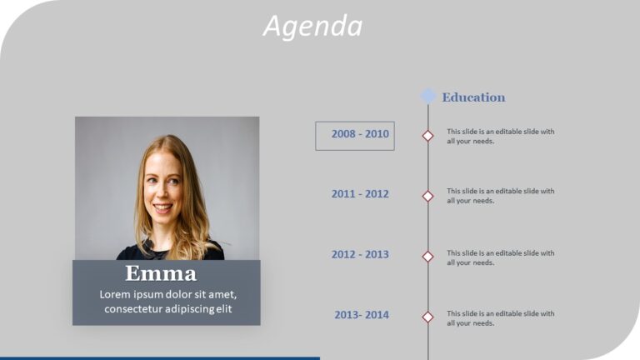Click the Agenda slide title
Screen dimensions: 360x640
(313, 26)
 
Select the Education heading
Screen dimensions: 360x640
(473, 97)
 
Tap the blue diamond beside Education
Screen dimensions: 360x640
(427, 96)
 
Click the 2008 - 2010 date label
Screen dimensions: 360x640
(360, 134)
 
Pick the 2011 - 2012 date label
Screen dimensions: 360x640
(360, 194)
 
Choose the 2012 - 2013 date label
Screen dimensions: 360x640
(360, 255)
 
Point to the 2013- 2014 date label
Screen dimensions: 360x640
(362, 315)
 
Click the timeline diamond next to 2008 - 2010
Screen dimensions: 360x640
(427, 135)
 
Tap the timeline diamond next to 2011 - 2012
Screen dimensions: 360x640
(427, 196)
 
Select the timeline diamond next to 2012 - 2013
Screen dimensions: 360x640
(427, 257)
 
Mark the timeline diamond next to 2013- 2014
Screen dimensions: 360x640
(427, 317)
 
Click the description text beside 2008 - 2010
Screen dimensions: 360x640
(500, 136)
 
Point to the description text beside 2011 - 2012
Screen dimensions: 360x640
(500, 196)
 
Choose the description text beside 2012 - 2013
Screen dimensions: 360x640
(500, 257)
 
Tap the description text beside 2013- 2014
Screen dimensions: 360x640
(500, 317)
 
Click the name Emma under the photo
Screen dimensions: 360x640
(161, 274)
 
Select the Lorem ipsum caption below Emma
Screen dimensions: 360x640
(167, 302)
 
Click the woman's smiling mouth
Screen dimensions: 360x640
(163, 207)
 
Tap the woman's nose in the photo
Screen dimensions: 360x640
(162, 192)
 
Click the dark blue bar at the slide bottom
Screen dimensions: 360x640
(159, 357)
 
